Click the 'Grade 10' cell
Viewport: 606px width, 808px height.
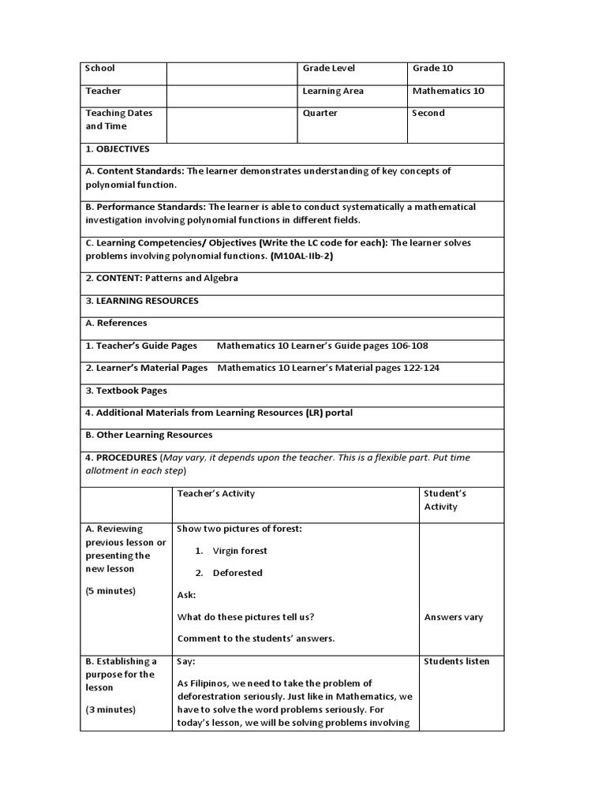pos(432,69)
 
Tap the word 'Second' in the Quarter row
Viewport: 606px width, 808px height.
pos(428,113)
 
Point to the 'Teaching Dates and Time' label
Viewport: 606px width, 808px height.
pos(119,119)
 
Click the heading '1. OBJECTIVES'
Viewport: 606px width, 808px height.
pos(117,148)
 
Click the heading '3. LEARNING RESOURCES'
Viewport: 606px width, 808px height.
pos(141,301)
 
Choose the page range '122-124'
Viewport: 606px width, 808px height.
pos(423,368)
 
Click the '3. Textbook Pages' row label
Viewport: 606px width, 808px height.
pos(126,391)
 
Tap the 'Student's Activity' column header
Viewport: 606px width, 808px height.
pos(445,499)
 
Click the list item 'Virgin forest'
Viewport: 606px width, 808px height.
pos(240,551)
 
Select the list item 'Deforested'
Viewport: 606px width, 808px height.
pos(238,573)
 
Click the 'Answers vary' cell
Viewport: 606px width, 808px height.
pos(453,617)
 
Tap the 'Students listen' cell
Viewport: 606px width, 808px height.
pos(456,661)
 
